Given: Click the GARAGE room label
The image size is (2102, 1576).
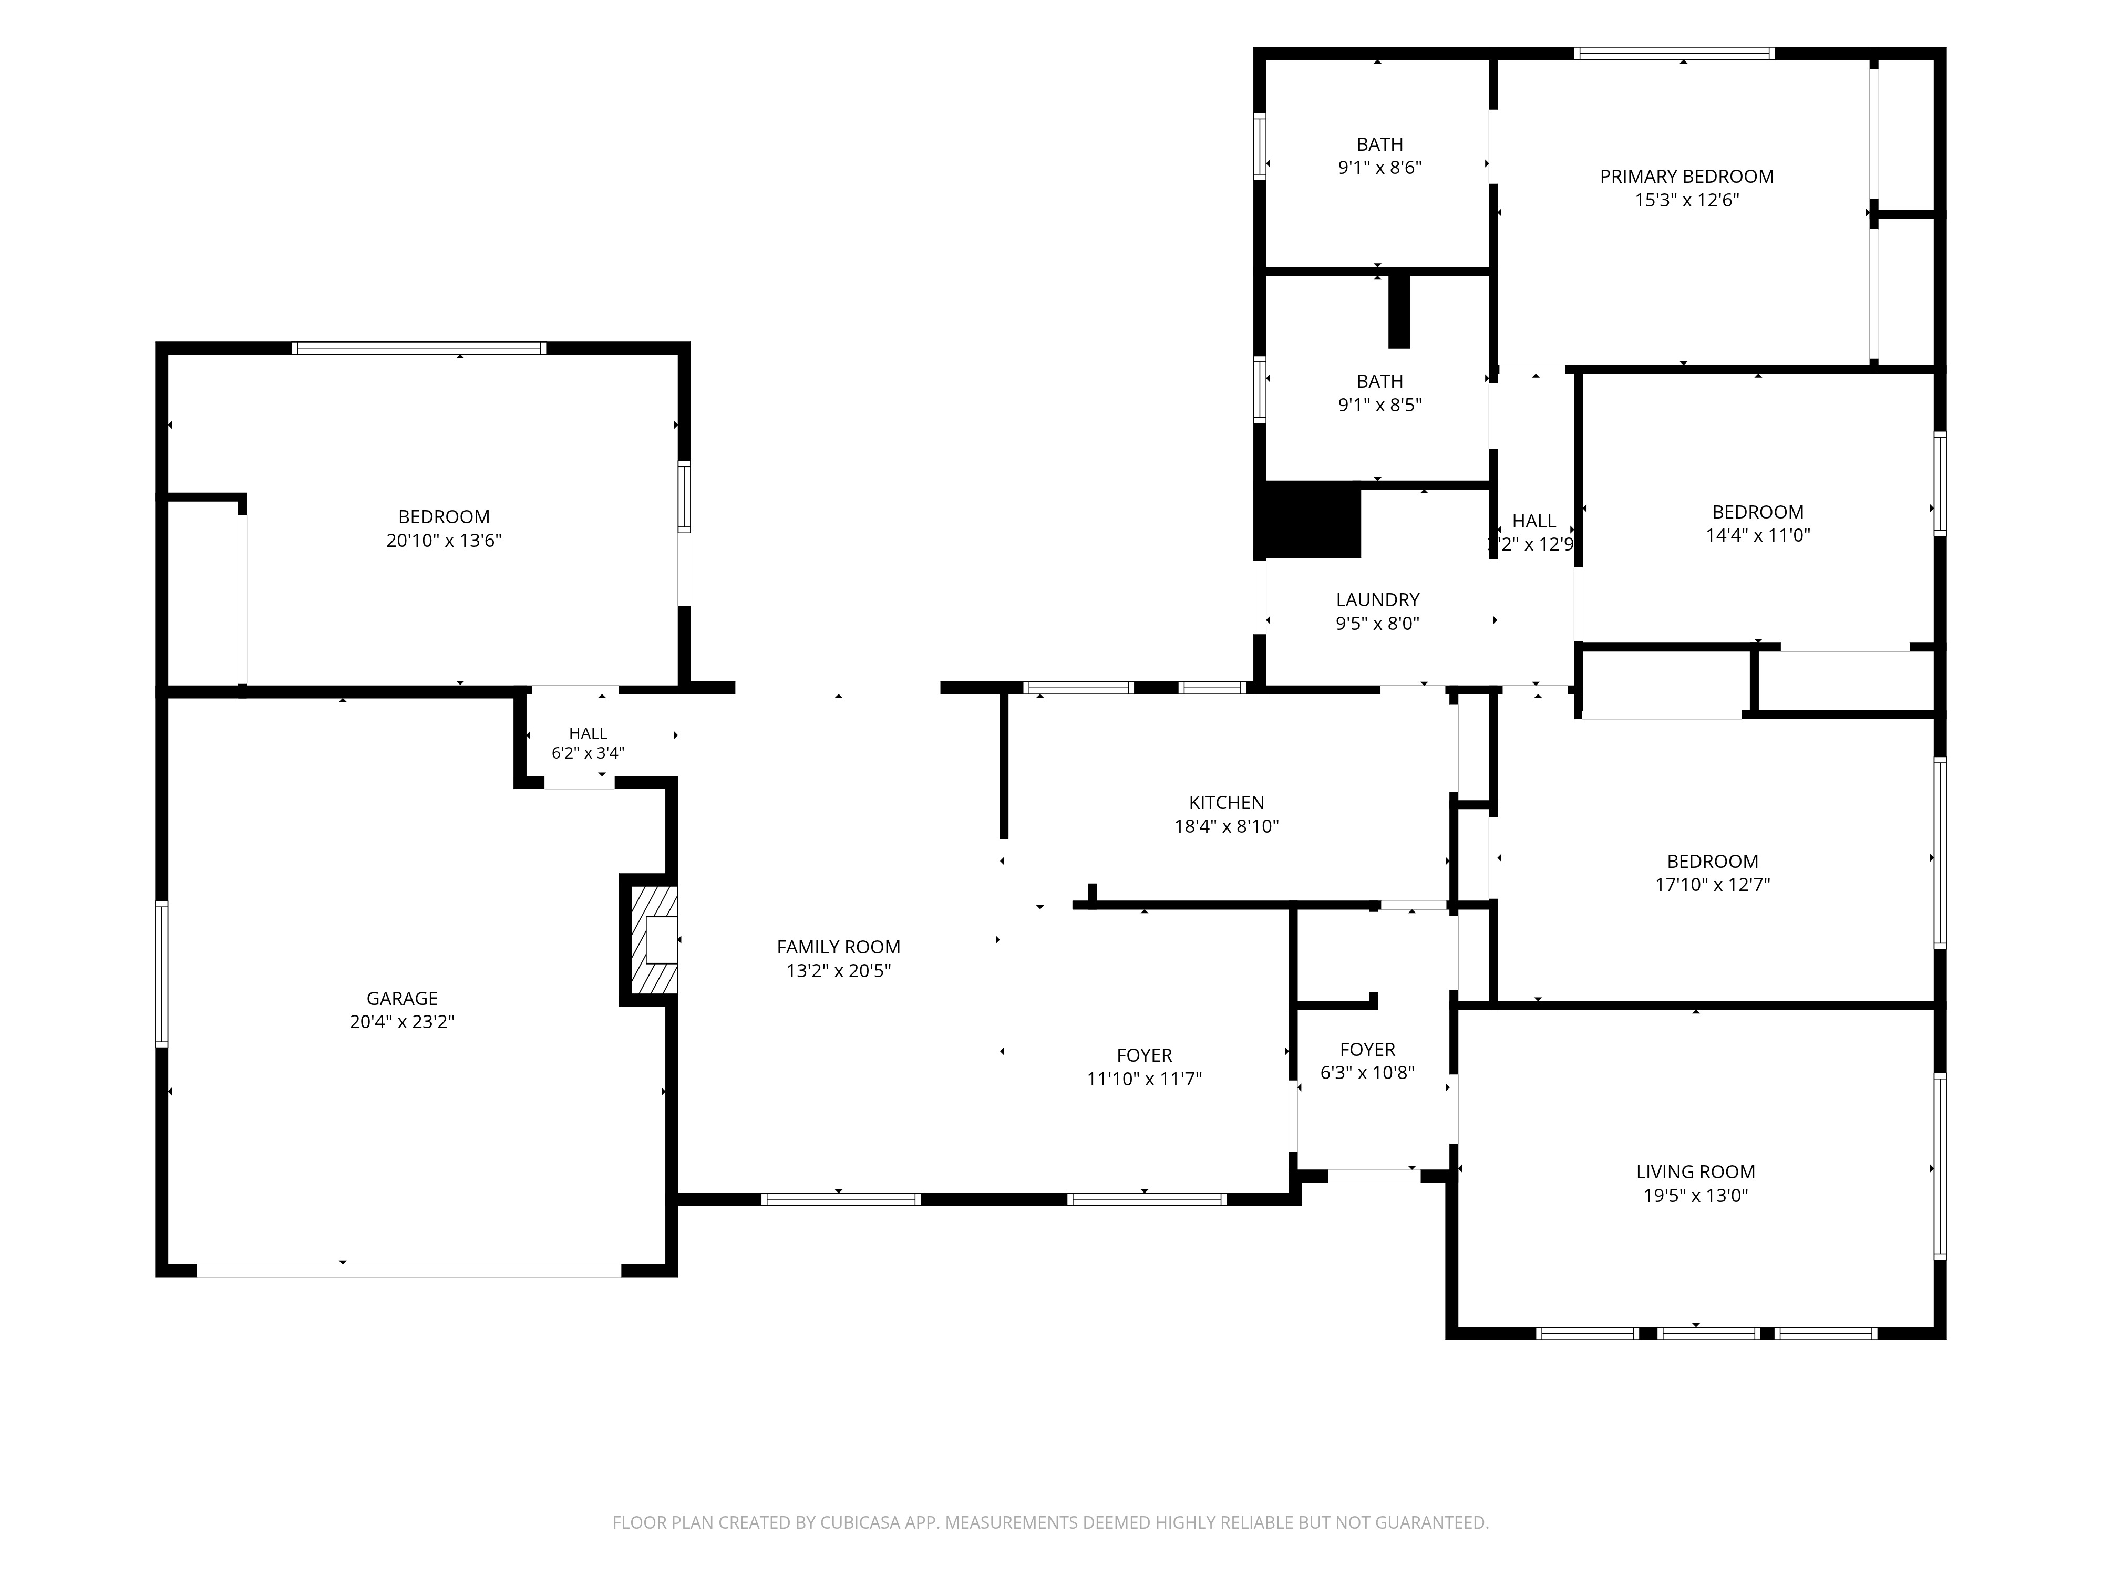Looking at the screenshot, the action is point(402,999).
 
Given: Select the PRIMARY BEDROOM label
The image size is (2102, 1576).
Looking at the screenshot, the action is point(1687,177).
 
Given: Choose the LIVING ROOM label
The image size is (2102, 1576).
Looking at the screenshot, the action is point(1695,1172).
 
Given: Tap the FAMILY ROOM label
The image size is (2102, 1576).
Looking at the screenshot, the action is point(838,947).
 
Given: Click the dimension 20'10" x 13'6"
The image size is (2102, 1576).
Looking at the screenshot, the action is point(444,541).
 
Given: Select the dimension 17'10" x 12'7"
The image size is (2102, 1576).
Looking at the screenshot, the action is point(1713,885).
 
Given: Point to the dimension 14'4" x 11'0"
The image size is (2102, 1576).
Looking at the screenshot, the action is point(1758,535).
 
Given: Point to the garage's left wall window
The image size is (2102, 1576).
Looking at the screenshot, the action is point(161,974).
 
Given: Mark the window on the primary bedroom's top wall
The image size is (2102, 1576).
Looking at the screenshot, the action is point(1674,53).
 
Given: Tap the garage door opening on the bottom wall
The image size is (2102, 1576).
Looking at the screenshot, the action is point(409,1270).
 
